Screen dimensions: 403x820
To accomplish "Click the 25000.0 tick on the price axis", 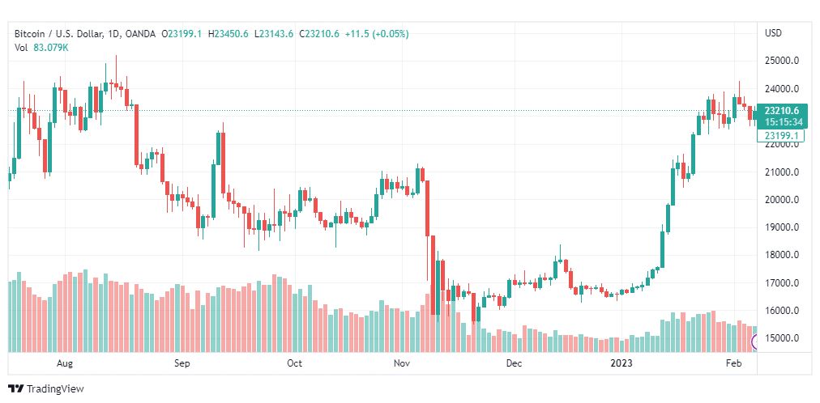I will tap(784, 61).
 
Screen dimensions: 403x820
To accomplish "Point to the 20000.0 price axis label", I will tap(784, 200).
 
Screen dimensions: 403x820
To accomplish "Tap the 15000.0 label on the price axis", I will tap(784, 338).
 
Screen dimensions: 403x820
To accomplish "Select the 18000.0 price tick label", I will tap(784, 255).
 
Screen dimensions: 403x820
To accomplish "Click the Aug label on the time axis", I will tap(66, 364).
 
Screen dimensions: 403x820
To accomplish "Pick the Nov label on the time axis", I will tap(402, 364).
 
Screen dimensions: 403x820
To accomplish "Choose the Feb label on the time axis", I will tap(733, 364).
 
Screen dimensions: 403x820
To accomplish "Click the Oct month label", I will tap(294, 364).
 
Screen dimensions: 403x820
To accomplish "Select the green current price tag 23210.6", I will tap(781, 111).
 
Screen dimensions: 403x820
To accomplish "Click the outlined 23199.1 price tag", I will tap(781, 136).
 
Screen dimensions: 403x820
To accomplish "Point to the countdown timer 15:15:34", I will tap(781, 121).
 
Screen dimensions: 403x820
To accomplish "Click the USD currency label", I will tap(773, 33).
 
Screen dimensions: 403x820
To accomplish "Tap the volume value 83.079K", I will tap(51, 47).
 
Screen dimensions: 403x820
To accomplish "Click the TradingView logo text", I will tap(55, 389).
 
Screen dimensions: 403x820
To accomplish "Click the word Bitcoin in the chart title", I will tap(30, 34).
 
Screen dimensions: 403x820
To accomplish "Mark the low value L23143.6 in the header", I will tap(275, 34).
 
